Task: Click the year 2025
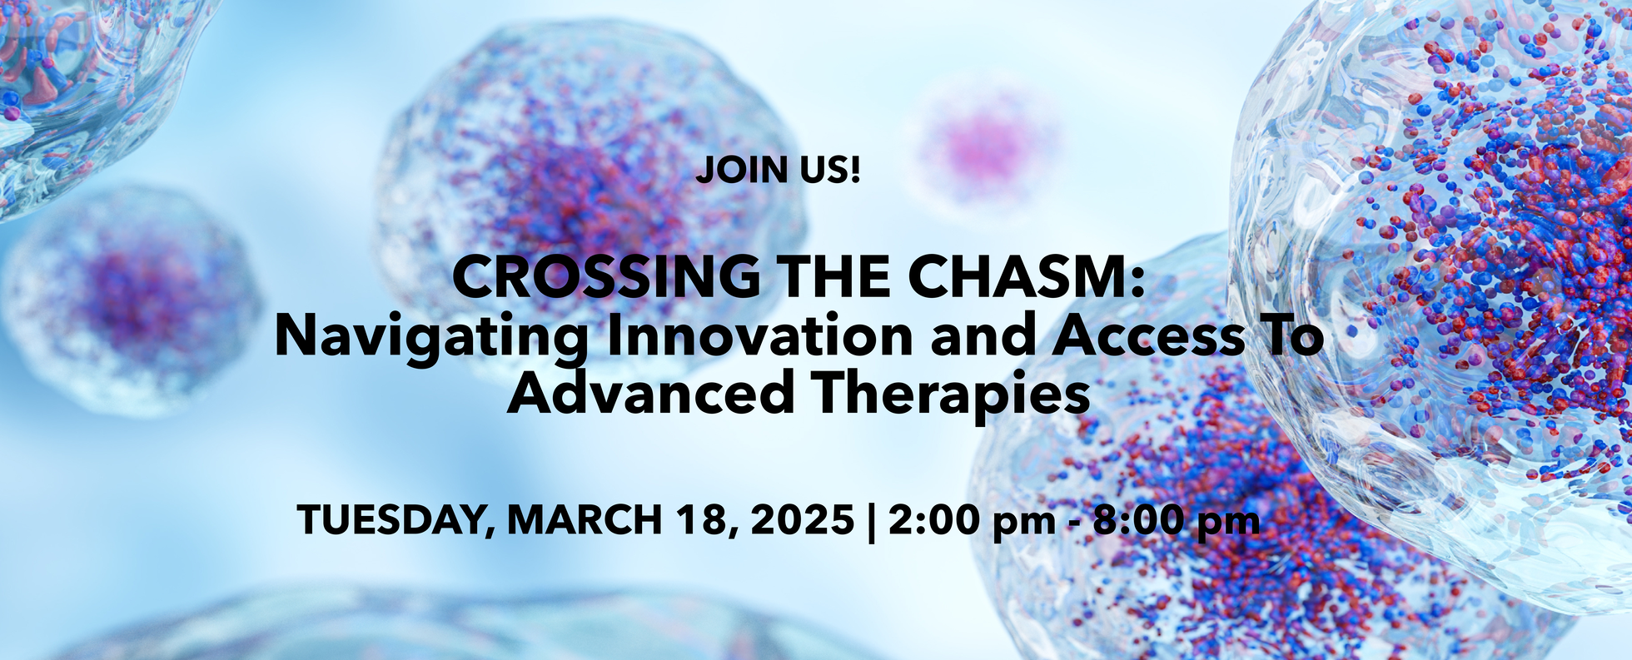click(803, 521)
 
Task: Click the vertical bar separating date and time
click(872, 522)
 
